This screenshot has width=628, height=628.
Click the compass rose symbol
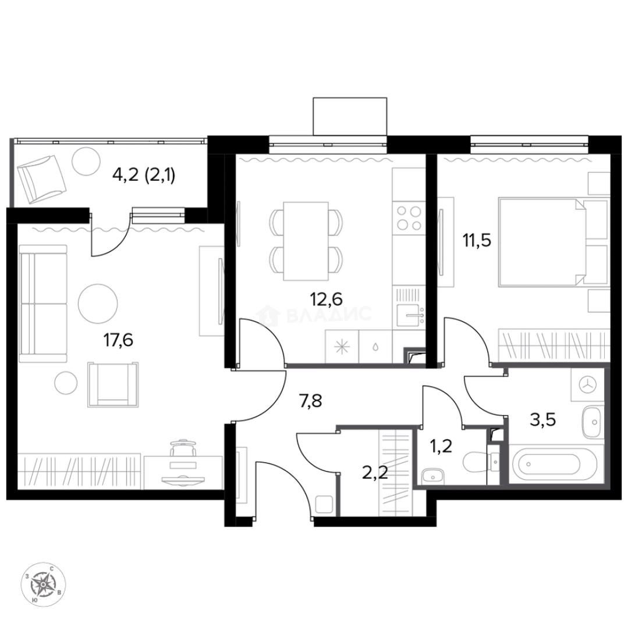point(44,583)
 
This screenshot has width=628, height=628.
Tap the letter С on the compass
point(52,569)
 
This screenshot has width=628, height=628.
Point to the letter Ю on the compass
point(36,598)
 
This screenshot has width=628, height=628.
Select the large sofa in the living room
point(43,304)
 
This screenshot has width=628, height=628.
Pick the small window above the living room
point(159,215)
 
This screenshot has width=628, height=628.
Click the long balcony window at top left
point(110,140)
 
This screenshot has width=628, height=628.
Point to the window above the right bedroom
point(528,145)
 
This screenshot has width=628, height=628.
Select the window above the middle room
point(328,145)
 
